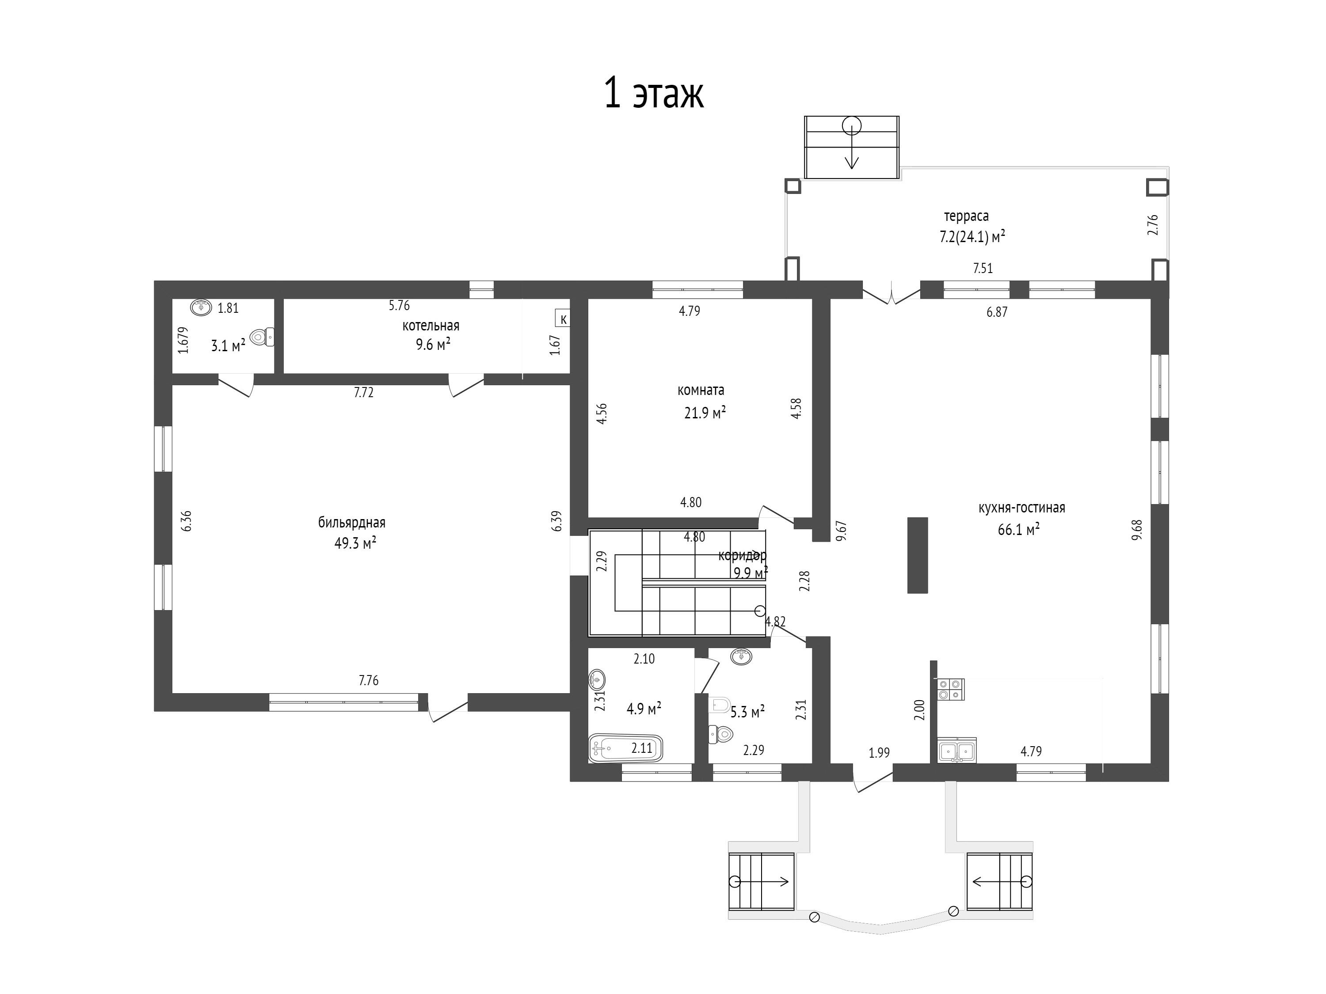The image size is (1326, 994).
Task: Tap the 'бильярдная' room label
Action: (x=351, y=523)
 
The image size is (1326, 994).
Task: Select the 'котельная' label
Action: (x=431, y=326)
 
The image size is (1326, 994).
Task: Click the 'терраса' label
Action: (x=966, y=216)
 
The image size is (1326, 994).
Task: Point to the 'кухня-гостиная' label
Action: (x=1021, y=508)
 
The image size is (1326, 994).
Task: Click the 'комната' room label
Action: (x=701, y=390)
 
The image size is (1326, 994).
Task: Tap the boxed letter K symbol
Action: (x=563, y=319)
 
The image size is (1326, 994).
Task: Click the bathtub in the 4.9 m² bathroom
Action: (x=626, y=748)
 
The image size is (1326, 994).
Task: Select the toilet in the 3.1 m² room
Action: (x=262, y=338)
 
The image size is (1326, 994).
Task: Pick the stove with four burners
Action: (x=950, y=689)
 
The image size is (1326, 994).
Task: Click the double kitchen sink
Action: (x=957, y=750)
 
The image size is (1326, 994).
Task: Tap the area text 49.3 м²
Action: (x=355, y=543)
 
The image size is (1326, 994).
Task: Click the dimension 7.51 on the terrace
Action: (x=983, y=269)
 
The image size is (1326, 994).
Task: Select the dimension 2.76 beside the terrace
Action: (x=1153, y=225)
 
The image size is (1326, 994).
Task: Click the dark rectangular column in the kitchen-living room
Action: (x=917, y=555)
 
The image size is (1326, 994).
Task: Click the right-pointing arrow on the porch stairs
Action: (x=767, y=881)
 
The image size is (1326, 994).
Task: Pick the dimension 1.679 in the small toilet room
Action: (x=183, y=340)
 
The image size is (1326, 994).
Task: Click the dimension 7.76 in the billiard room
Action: (x=369, y=681)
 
